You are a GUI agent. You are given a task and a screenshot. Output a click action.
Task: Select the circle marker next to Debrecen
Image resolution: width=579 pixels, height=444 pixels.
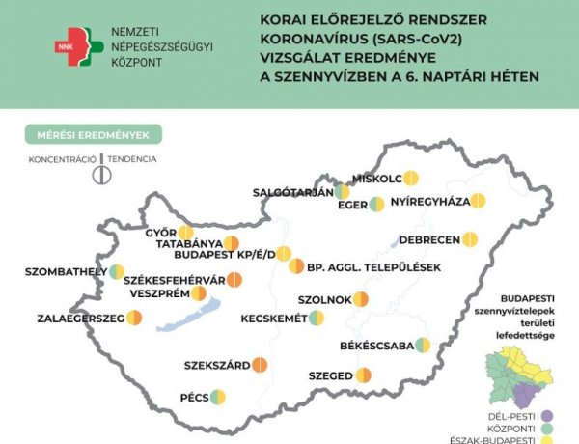470,238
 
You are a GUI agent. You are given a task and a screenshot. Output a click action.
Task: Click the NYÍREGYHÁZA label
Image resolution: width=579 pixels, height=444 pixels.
429,201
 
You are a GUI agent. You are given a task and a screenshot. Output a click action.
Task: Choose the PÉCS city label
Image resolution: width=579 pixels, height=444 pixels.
194,396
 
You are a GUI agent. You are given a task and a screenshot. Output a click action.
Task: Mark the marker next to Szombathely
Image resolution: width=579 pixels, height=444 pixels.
116,271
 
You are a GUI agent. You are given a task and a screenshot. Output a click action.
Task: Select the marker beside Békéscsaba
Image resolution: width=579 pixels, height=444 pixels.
422,346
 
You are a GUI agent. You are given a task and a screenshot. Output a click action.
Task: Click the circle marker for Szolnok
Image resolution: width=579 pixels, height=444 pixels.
361,299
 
